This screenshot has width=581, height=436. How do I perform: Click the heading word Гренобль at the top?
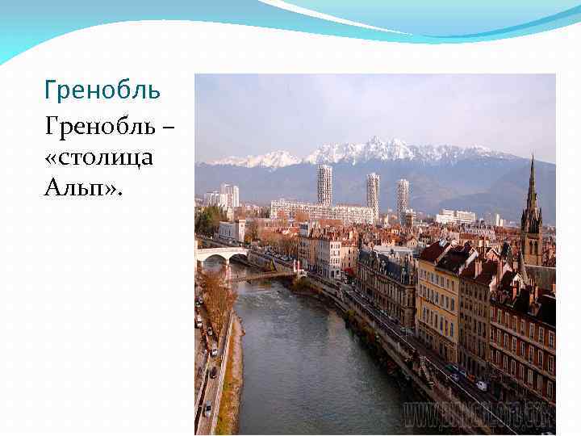pos(102,90)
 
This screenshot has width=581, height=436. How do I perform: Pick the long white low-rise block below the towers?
pos(323,211)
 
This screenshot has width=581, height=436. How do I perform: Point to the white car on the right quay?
pos(482,385)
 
